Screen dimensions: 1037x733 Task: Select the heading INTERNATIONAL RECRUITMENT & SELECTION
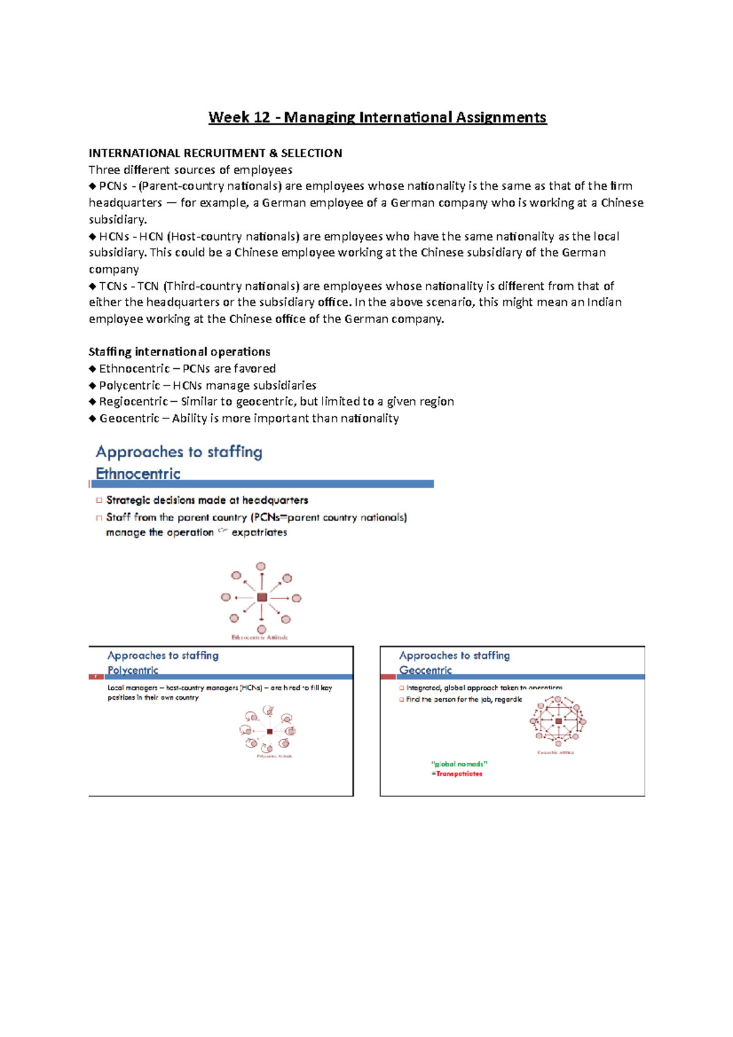pyautogui.click(x=215, y=153)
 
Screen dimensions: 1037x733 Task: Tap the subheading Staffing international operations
pyautogui.click(x=179, y=352)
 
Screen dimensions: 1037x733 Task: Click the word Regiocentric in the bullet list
pyautogui.click(x=133, y=402)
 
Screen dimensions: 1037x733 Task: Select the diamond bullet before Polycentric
pyautogui.click(x=92, y=385)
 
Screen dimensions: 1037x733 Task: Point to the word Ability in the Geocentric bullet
pyautogui.click(x=189, y=418)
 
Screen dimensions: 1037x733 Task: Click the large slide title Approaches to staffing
pyautogui.click(x=179, y=452)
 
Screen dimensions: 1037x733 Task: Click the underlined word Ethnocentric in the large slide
pyautogui.click(x=138, y=474)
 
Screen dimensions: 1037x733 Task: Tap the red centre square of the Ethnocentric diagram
pyautogui.click(x=262, y=597)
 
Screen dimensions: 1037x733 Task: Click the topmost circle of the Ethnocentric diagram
pyautogui.click(x=261, y=567)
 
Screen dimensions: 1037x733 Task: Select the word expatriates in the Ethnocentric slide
pyautogui.click(x=259, y=533)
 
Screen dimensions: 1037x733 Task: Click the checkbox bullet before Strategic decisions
pyautogui.click(x=99, y=500)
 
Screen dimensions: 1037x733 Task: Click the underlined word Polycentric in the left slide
pyautogui.click(x=133, y=670)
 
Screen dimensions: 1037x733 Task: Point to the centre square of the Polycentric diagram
pyautogui.click(x=269, y=731)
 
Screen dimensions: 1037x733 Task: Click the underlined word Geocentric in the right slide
pyautogui.click(x=425, y=670)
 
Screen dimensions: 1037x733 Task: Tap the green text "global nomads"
pyautogui.click(x=459, y=764)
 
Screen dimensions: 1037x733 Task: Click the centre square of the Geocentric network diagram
pyautogui.click(x=558, y=721)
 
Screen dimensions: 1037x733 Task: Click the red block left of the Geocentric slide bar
pyautogui.click(x=388, y=677)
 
